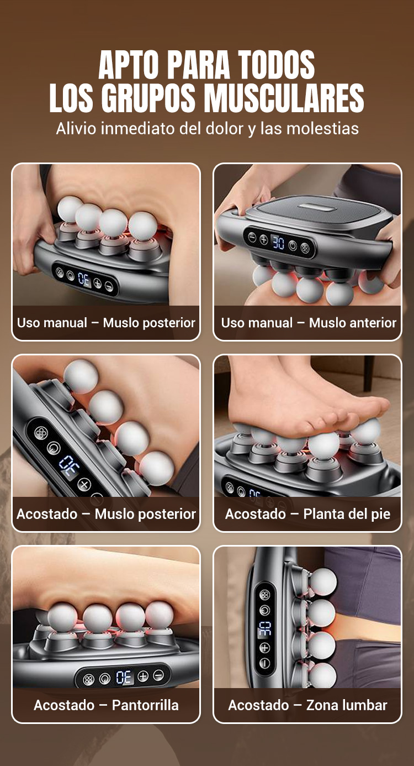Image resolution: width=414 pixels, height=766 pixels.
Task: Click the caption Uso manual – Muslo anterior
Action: pos(309,323)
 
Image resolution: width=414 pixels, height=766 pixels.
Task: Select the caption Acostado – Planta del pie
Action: pos(307,514)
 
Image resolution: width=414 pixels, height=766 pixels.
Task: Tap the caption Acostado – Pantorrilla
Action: pos(106,705)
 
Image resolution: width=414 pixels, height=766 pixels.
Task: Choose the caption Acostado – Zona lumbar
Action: pos(307,705)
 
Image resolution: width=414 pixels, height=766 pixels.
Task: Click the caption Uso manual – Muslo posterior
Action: pos(106,323)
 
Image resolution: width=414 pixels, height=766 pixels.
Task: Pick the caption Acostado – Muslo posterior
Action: pos(106,514)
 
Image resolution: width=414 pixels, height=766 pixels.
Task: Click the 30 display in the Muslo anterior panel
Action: pos(278,243)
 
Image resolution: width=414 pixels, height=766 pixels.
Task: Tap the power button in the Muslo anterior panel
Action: pos(293,245)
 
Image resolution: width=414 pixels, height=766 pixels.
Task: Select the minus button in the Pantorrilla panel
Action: pos(158,675)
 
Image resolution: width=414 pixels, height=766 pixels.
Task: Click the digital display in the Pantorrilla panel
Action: pos(124,677)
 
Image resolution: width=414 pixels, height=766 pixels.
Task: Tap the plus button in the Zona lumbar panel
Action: pos(265,648)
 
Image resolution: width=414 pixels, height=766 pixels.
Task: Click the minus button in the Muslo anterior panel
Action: pos(252,237)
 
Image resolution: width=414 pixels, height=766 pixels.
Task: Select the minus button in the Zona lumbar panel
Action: pos(265,663)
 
